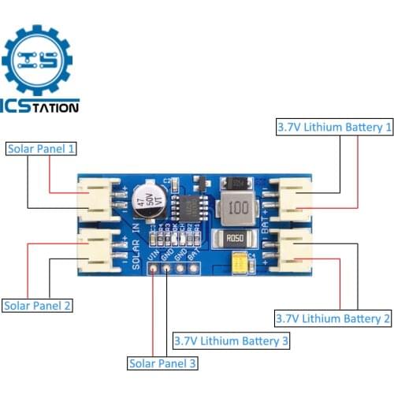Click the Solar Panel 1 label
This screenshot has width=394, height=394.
tap(40, 148)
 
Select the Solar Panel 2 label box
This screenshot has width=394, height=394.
tap(38, 305)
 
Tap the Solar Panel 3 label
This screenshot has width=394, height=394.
tap(162, 363)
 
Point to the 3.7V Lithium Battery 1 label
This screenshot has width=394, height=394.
tap(333, 125)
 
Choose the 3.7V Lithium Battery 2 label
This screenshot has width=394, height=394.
tap(333, 318)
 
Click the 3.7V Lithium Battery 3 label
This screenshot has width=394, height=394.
tap(231, 341)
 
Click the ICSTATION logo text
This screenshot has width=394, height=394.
tap(40, 107)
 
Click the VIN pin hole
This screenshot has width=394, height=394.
tap(152, 266)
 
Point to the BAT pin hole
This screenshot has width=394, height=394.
tap(192, 266)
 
